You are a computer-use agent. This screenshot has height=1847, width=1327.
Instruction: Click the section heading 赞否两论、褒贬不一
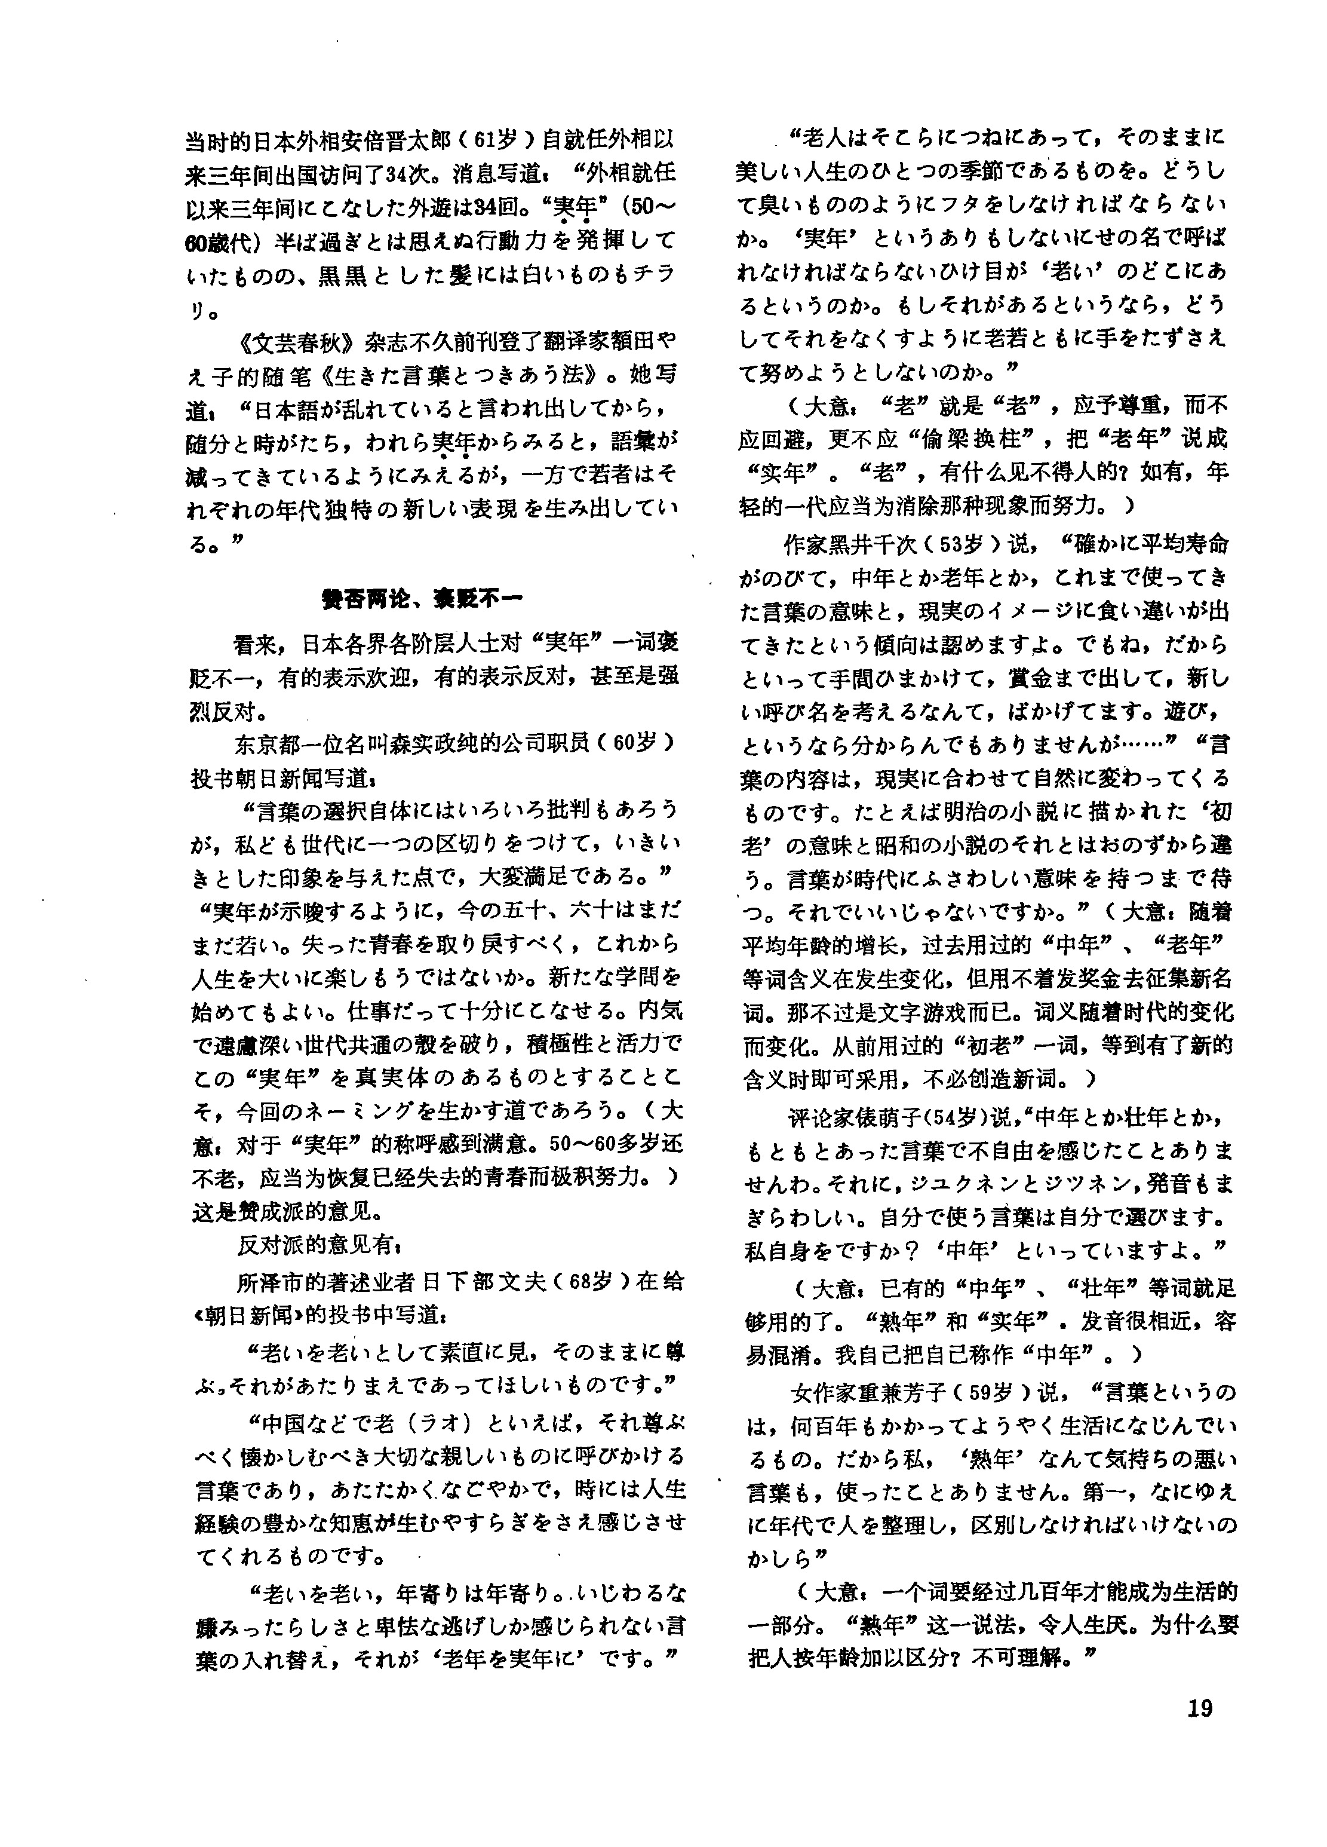[x=422, y=599]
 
